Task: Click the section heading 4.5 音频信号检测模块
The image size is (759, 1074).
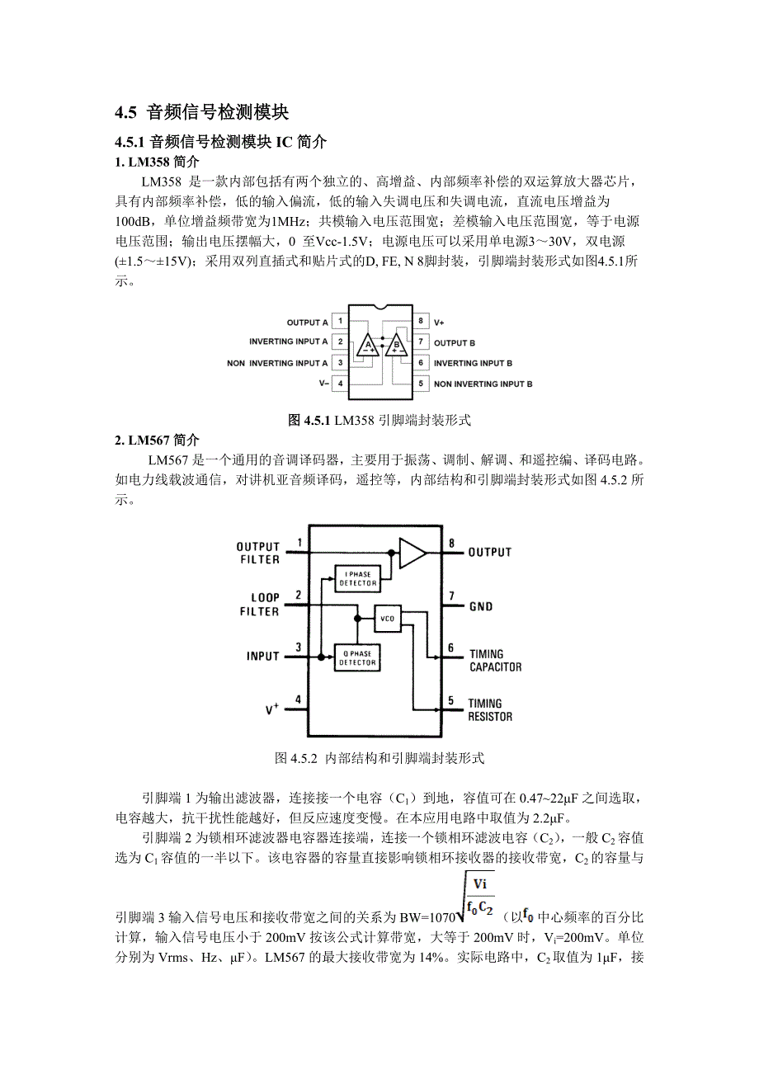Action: (x=202, y=112)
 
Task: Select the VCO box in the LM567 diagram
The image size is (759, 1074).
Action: (x=387, y=618)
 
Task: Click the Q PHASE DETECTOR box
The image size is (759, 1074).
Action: (x=357, y=657)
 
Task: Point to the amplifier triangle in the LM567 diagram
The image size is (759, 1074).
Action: (x=412, y=553)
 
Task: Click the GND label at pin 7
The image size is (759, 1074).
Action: (x=480, y=607)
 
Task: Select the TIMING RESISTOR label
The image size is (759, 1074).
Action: (x=490, y=710)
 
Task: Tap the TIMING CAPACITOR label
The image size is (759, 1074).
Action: (x=495, y=660)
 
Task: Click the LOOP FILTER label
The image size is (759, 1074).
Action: (x=259, y=605)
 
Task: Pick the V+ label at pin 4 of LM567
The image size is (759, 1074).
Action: (x=271, y=709)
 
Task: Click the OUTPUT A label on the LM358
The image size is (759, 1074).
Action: (x=307, y=323)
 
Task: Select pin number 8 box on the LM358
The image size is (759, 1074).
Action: (x=420, y=321)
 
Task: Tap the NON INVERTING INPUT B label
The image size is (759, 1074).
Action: (x=483, y=384)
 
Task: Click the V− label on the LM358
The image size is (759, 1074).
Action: (x=323, y=384)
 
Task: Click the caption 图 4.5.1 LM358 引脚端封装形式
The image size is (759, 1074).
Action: (x=379, y=420)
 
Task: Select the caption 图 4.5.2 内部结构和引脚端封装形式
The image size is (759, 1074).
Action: (x=379, y=757)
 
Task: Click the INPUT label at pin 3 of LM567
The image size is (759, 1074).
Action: (x=262, y=657)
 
